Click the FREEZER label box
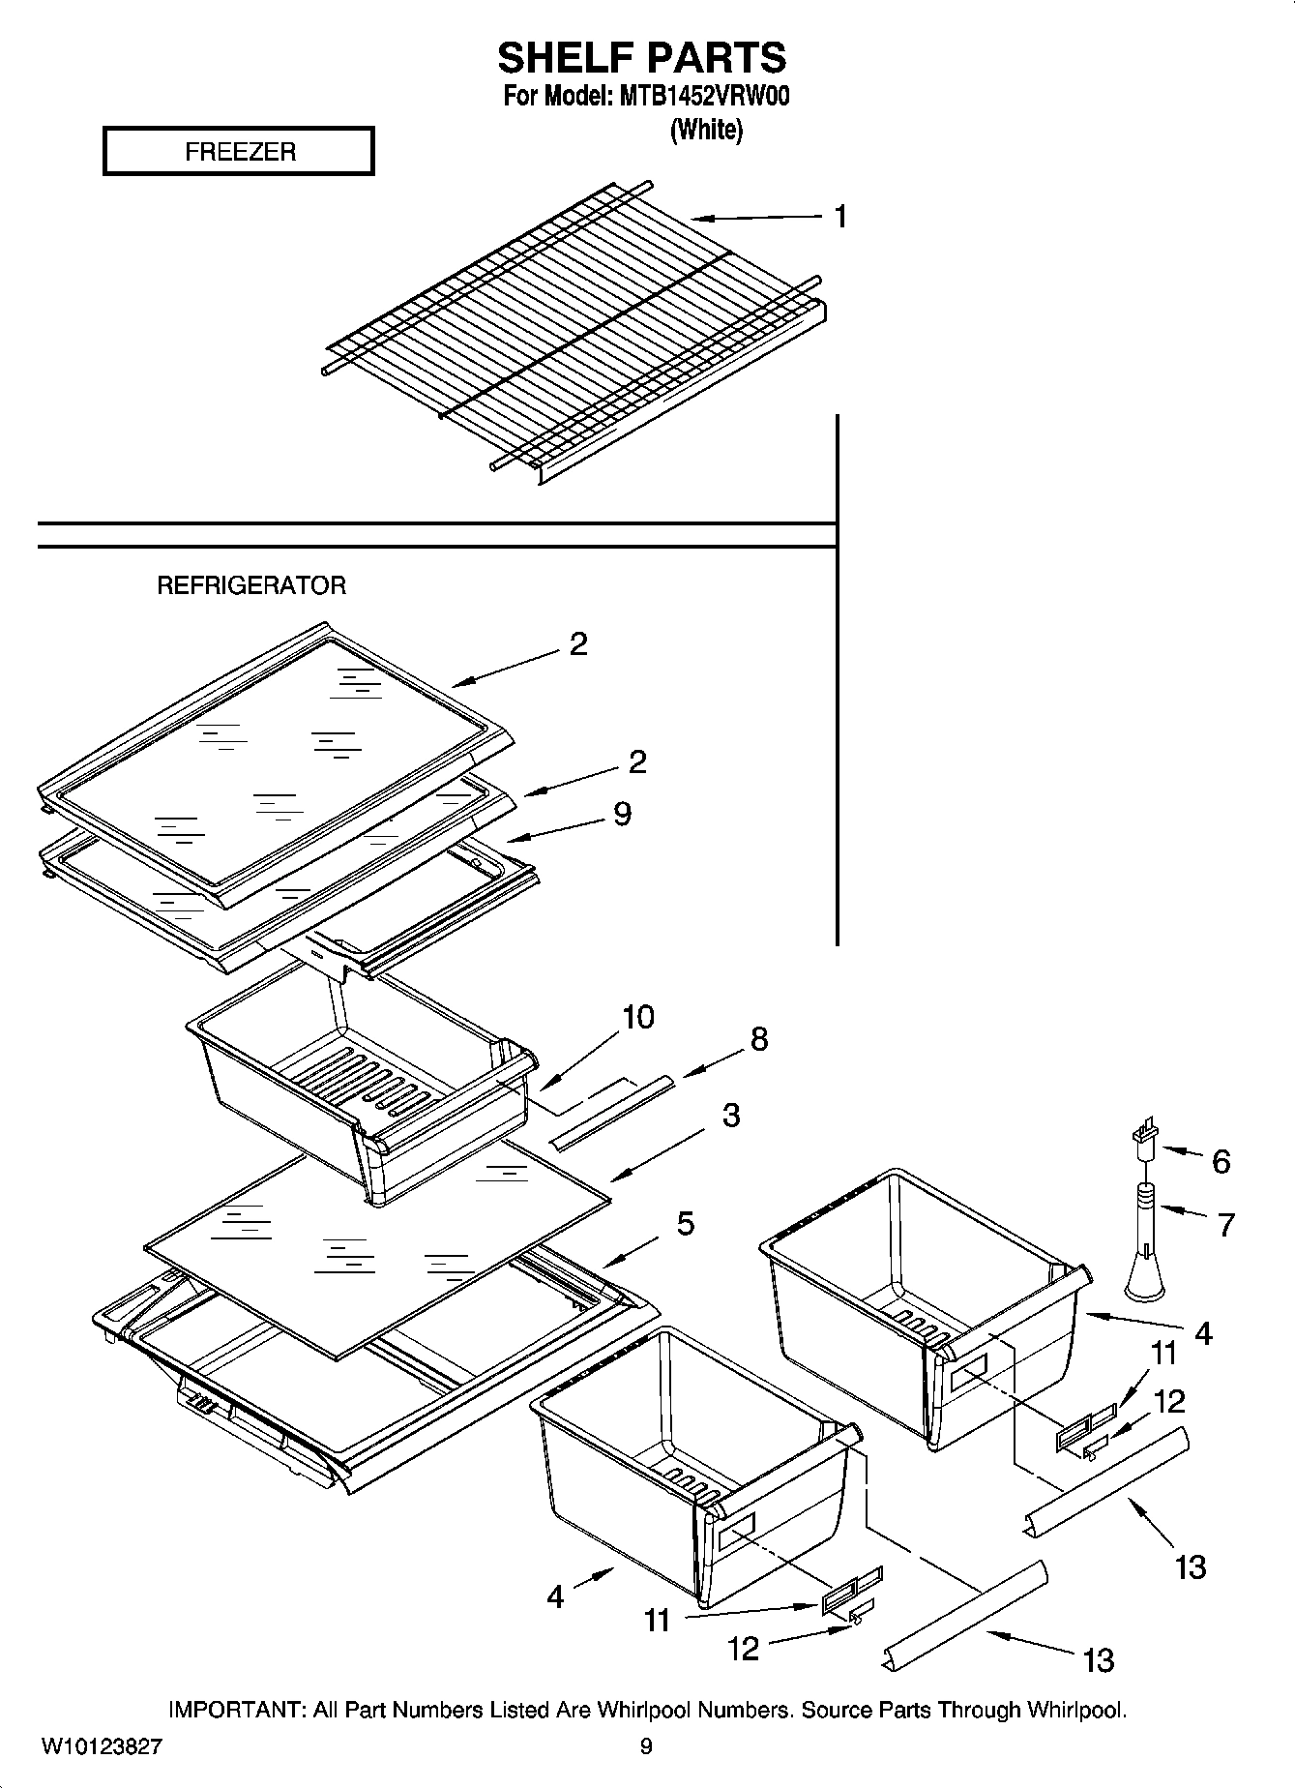click(x=238, y=152)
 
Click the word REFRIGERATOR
click(x=251, y=585)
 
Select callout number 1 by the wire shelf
click(x=840, y=217)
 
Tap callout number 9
click(x=622, y=814)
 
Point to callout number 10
click(x=637, y=1017)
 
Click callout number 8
click(x=759, y=1039)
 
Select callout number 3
click(x=731, y=1115)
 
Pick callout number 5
click(x=685, y=1224)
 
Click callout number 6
click(x=1221, y=1162)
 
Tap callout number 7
click(x=1226, y=1225)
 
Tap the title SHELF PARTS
click(x=641, y=58)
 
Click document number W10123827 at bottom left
click(x=102, y=1746)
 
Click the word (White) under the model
click(x=706, y=131)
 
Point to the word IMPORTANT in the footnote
click(x=237, y=1710)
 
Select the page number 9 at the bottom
click(x=646, y=1746)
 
